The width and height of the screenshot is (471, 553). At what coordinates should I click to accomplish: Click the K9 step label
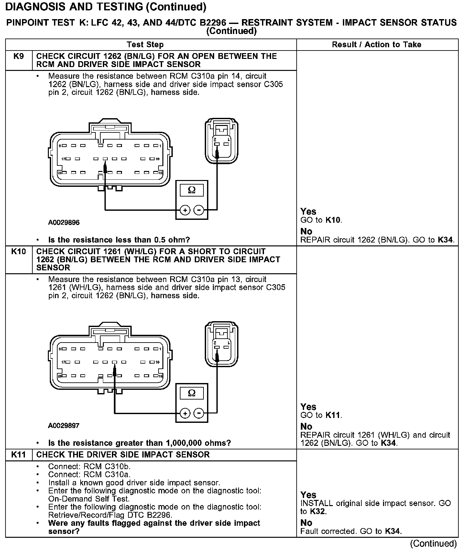[x=18, y=56]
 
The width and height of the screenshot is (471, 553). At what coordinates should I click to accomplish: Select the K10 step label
[x=18, y=252]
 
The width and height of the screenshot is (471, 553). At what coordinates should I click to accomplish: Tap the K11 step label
[x=18, y=455]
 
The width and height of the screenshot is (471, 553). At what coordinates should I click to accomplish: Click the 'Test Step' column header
[x=145, y=45]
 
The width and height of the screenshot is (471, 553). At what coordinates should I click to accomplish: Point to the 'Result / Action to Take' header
[x=377, y=45]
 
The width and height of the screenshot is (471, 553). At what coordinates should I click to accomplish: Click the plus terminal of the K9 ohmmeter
[x=185, y=210]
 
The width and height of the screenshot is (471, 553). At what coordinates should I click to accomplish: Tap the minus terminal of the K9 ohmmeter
[x=199, y=210]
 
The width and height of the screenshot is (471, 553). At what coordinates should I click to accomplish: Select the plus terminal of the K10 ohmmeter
[x=185, y=413]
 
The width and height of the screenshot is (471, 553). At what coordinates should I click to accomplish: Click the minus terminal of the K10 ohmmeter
[x=199, y=413]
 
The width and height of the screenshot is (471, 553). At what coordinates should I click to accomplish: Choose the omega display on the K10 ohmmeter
[x=192, y=393]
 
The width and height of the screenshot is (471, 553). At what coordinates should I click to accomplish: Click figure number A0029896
[x=64, y=222]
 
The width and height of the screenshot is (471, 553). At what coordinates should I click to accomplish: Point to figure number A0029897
[x=64, y=425]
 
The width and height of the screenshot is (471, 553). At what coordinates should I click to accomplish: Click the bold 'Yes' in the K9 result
[x=308, y=211]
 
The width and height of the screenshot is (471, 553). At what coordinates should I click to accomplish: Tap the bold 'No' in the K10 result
[x=306, y=426]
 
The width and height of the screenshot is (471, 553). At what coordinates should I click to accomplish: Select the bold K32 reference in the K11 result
[x=318, y=512]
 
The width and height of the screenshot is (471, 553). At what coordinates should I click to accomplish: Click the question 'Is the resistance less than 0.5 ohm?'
[x=119, y=240]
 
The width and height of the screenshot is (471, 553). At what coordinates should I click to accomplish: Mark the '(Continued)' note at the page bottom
[x=433, y=543]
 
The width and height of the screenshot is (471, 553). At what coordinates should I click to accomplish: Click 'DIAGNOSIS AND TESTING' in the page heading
[x=74, y=6]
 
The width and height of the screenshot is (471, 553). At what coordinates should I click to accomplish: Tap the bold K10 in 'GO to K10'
[x=333, y=220]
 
